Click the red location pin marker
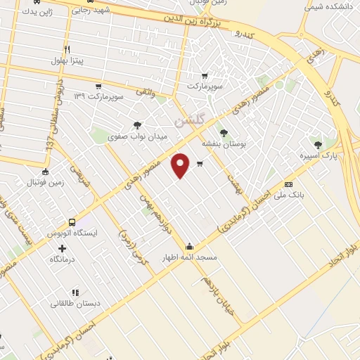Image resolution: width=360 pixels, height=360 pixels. (181, 165)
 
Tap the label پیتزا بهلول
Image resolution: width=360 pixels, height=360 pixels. (67, 61)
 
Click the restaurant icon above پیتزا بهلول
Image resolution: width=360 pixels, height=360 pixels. (67, 49)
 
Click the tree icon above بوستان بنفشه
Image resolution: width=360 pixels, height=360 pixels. (224, 132)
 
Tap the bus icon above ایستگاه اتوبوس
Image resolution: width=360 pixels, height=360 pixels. (72, 221)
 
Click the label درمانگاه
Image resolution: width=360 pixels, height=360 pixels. (63, 259)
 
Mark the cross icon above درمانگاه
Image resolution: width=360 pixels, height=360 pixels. (63, 248)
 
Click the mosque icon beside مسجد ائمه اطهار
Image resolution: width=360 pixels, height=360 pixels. (190, 246)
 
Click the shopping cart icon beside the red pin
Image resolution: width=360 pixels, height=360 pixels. (200, 165)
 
